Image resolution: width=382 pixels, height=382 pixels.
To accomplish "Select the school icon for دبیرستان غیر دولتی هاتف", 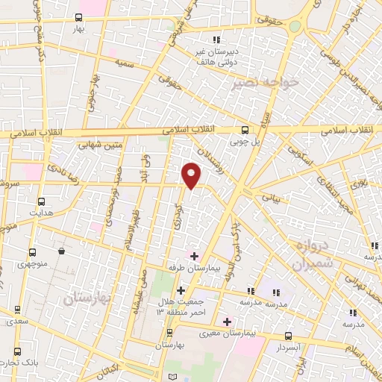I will point(216,40).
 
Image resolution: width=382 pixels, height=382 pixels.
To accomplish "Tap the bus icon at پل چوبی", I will point(245,128).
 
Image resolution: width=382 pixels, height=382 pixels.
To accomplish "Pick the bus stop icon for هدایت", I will point(40,201).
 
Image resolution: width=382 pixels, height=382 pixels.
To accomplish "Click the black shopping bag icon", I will point(61,251).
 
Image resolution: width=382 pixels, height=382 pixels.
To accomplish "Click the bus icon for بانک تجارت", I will point(16,351).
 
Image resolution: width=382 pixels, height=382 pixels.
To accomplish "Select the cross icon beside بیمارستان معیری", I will point(228,322).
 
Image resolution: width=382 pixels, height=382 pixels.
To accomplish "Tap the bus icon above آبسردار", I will point(288,336).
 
